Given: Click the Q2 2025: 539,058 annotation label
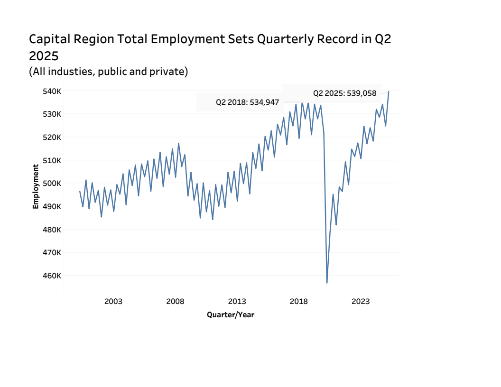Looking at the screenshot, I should click(344, 93).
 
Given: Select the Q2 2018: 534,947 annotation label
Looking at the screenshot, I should click(247, 102).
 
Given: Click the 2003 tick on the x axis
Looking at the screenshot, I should click(113, 302).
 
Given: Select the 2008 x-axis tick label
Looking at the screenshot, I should click(175, 302).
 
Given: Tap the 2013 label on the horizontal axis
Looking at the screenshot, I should click(237, 302).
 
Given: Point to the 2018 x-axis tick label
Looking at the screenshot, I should click(298, 302).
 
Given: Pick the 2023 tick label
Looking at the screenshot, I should click(361, 302).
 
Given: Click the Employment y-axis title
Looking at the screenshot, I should click(36, 186).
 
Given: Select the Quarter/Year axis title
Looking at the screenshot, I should click(231, 314).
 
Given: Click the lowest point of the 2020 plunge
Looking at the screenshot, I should click(327, 283).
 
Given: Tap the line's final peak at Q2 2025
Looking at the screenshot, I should click(389, 92).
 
